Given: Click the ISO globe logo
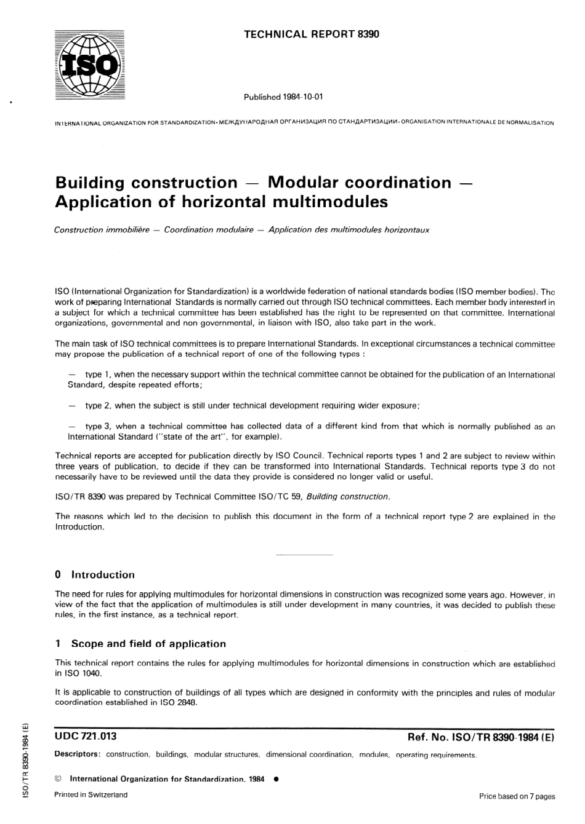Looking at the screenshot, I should click(89, 64).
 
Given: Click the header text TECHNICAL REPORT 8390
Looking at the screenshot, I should click(312, 34).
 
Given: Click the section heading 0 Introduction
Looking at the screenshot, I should click(95, 575).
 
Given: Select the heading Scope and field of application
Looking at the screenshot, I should click(148, 644).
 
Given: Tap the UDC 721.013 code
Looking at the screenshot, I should click(86, 736).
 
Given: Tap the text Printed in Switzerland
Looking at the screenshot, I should click(91, 794).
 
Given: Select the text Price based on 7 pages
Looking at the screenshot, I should click(517, 796).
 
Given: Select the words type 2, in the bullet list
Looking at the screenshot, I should click(98, 406).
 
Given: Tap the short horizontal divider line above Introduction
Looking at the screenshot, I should click(304, 555).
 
